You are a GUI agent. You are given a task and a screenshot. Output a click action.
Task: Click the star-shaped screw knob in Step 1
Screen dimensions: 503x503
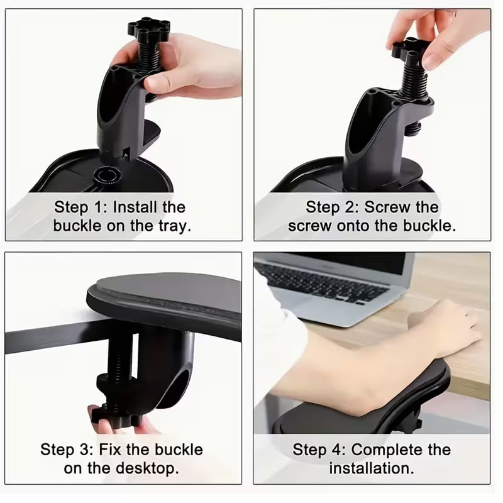click(x=148, y=28)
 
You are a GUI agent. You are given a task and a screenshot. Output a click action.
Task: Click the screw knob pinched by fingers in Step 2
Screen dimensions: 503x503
click(x=409, y=48)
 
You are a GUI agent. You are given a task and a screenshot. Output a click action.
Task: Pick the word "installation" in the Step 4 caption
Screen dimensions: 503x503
click(x=371, y=468)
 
